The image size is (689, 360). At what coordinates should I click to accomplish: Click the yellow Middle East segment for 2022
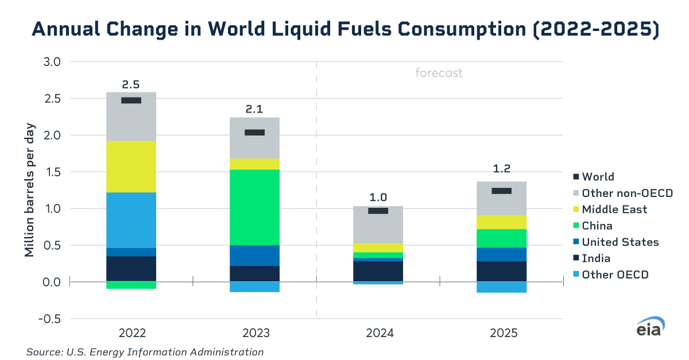131,167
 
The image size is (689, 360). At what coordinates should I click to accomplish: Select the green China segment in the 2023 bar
254,207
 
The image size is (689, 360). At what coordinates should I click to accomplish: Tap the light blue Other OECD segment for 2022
131,220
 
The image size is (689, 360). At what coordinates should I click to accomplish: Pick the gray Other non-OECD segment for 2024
378,230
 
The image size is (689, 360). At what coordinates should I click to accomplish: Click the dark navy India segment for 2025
501,272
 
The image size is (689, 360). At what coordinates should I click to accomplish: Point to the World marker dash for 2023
254,133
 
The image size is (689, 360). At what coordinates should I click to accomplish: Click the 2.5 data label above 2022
131,85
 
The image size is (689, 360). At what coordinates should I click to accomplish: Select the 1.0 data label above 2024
378,197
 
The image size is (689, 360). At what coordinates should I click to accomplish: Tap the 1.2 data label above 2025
501,168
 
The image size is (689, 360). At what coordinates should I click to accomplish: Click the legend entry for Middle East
614,210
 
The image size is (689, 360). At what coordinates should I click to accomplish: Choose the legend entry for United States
620,242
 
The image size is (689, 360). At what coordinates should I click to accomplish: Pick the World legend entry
597,177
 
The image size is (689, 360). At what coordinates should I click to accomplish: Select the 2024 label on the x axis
378,334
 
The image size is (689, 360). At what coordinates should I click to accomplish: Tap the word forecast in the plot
439,73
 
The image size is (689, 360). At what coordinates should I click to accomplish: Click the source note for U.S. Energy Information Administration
145,352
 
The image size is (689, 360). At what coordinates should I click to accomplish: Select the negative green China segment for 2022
131,285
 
